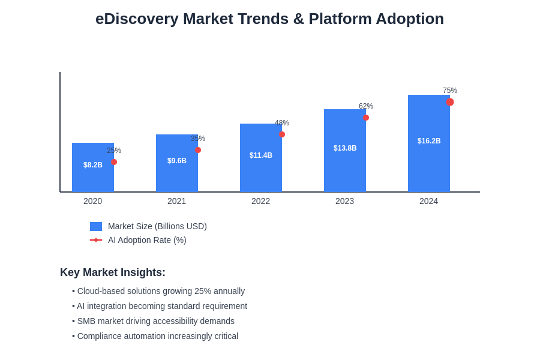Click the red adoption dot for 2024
[x=450, y=102]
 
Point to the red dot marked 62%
[x=366, y=118]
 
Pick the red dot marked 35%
[x=198, y=150]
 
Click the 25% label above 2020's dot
[x=114, y=151]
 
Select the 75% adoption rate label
[x=450, y=91]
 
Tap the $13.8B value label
[x=345, y=148]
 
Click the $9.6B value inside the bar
[x=177, y=161]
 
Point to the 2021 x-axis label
[x=177, y=201]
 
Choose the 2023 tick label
[x=345, y=201]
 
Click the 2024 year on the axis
[x=429, y=201]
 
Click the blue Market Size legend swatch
[x=96, y=226]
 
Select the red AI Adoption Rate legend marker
[x=96, y=240]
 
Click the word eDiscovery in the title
[x=137, y=19]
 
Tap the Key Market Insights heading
[x=113, y=272]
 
